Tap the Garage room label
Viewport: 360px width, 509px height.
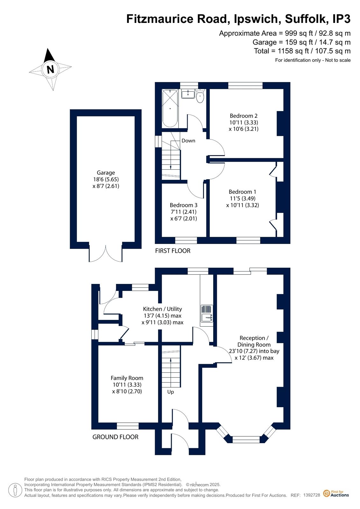point(106,173)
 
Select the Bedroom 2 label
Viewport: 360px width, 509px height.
point(244,116)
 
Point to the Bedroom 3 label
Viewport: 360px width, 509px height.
point(183,205)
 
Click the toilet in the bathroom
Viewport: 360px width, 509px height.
point(200,96)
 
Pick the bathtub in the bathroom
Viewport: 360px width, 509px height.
point(170,108)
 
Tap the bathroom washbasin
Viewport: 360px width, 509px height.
point(188,94)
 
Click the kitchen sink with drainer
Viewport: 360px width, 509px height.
point(207,314)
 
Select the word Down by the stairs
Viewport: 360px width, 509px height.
point(188,141)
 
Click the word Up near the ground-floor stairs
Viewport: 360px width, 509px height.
point(171,392)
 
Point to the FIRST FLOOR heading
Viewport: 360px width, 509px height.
point(173,251)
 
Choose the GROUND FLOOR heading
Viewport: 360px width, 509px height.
point(115,437)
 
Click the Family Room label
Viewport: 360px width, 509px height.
point(127,378)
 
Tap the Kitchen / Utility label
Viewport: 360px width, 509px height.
point(163,309)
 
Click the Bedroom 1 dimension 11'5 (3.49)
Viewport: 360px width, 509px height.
point(243,198)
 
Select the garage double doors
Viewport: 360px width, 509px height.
point(106,254)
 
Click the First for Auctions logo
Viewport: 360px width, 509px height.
point(336,493)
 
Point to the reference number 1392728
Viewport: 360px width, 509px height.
point(312,495)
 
